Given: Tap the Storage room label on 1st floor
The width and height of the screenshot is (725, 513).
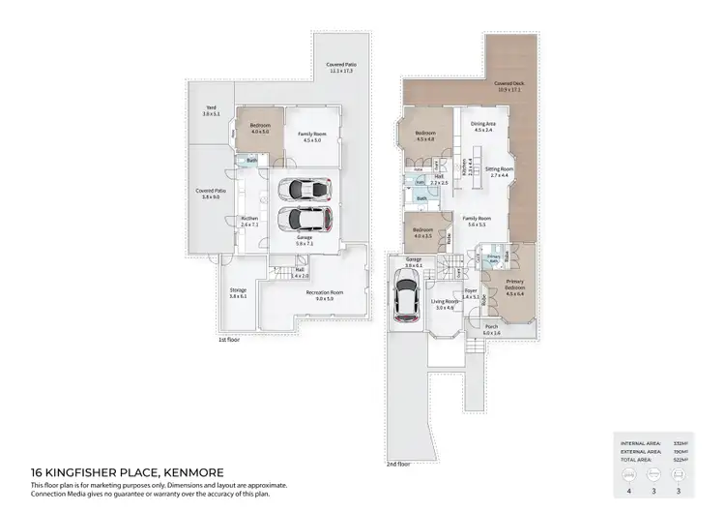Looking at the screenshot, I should pos(238,293).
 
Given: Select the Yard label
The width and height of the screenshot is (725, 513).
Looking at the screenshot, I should pos(211,111).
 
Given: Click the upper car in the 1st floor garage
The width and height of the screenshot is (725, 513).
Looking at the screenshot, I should pos(304,191).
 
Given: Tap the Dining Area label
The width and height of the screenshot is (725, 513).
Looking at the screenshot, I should pos(483,126).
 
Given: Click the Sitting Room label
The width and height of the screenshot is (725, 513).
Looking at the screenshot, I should pos(499,171).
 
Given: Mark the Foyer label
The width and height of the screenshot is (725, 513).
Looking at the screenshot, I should pos(472,293).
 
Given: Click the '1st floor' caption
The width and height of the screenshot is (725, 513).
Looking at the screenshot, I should pos(229,340).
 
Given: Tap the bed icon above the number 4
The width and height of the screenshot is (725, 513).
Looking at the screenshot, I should pos(630,474).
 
